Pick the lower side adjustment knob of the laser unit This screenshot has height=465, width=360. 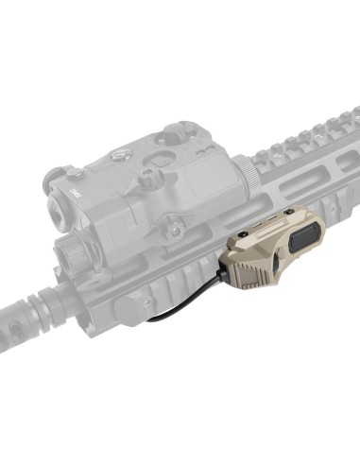pyautogui.click(x=173, y=224)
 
